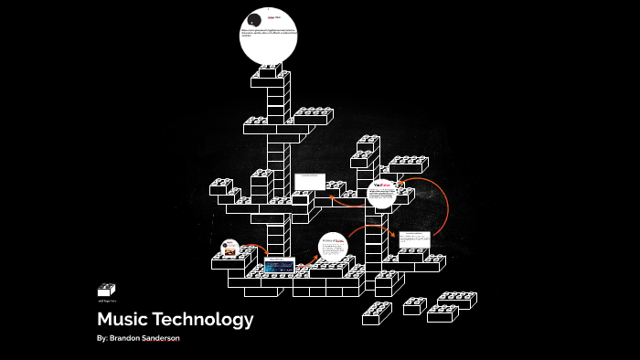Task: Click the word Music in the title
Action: (x=126, y=320)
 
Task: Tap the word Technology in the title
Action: (x=206, y=320)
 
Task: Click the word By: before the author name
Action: (x=102, y=339)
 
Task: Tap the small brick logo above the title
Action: (x=107, y=290)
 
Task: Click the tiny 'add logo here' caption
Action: (x=106, y=300)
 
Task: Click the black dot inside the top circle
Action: (x=252, y=20)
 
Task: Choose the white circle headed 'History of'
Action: (x=333, y=248)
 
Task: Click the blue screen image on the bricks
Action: (x=279, y=265)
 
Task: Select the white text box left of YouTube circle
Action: (x=309, y=181)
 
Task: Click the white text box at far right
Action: (x=413, y=240)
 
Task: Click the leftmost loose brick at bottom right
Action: (x=377, y=313)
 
